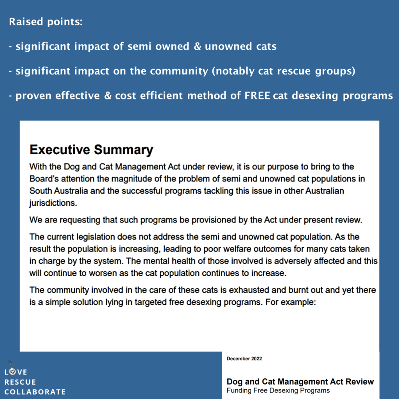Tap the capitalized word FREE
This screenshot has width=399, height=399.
coord(257,95)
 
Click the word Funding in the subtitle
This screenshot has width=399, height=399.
coord(238,390)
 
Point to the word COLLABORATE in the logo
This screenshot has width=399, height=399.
coord(35,392)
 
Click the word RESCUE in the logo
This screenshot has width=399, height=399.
coord(20,382)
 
